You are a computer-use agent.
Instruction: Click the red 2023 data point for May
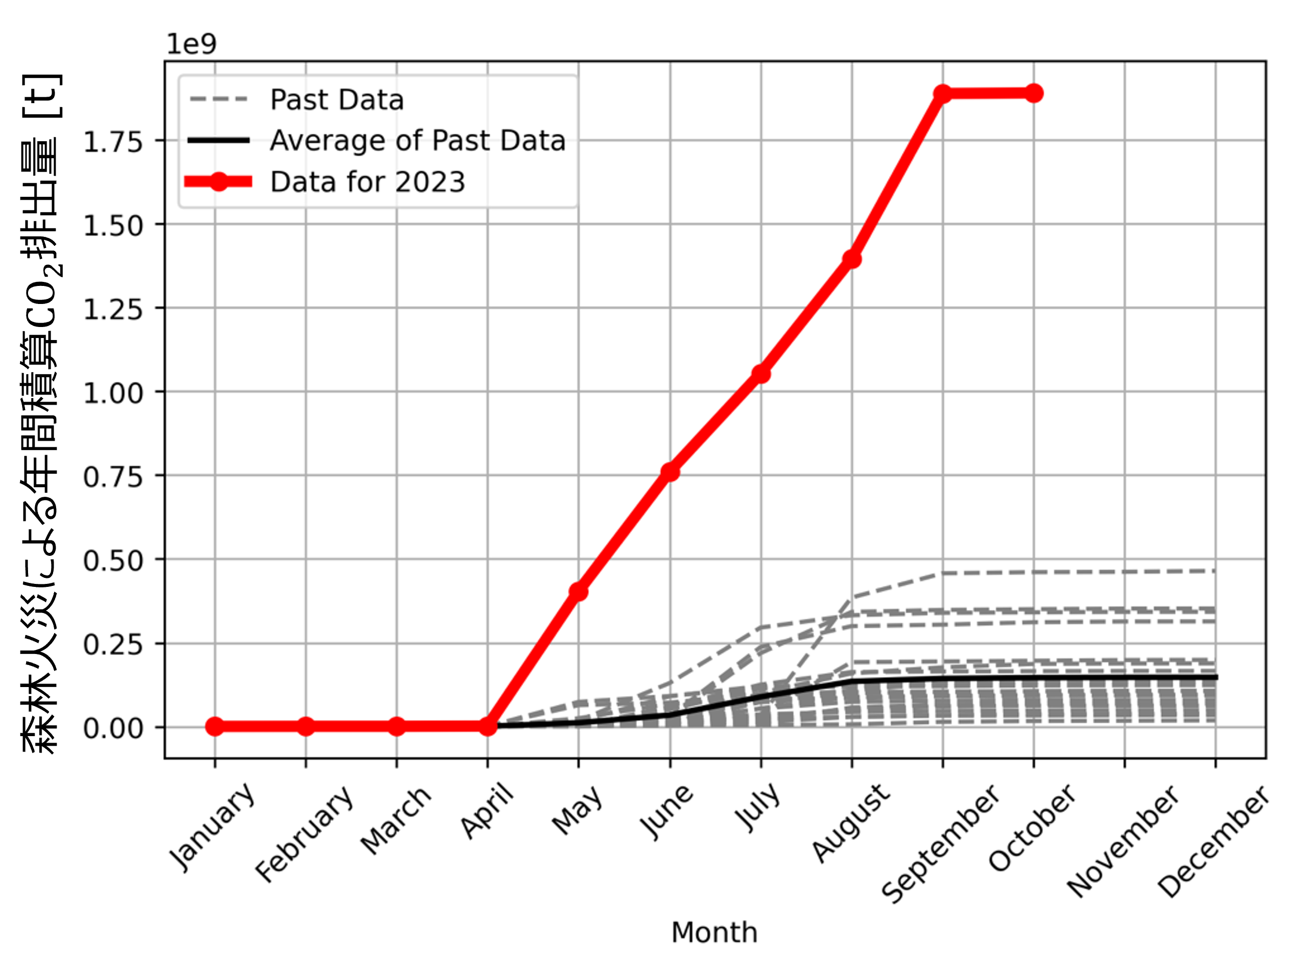(578, 591)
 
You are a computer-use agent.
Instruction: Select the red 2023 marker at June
(670, 472)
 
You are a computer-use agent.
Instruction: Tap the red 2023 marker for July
(761, 374)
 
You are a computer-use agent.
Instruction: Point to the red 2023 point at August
(852, 259)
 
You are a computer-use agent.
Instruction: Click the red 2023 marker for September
(942, 94)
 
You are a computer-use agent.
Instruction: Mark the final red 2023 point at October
(1034, 93)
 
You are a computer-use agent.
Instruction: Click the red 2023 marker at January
(215, 726)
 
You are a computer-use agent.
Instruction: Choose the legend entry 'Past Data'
(337, 100)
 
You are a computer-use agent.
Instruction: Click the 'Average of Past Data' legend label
(417, 141)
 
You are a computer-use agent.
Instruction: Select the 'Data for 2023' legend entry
(367, 182)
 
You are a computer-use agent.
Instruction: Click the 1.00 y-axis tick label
(113, 393)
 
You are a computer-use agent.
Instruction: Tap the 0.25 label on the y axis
(113, 645)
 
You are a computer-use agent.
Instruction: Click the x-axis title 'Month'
(714, 932)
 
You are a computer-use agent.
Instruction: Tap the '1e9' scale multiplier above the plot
(191, 45)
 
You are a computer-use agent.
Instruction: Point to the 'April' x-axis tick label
(487, 810)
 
